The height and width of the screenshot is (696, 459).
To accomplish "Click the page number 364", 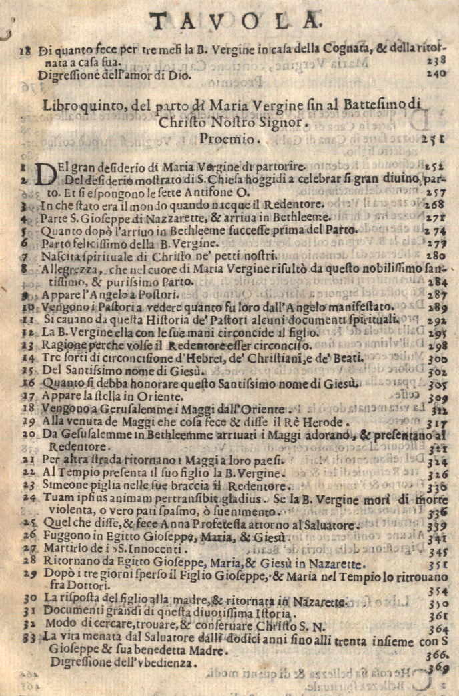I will (x=436, y=629).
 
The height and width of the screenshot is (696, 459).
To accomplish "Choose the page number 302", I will (x=436, y=371).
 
